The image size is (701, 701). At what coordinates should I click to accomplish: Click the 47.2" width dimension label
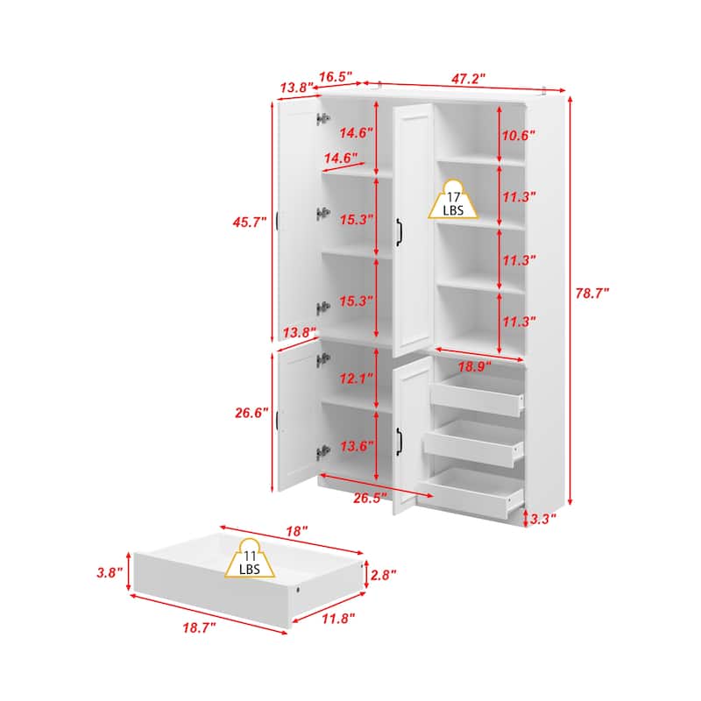(x=468, y=79)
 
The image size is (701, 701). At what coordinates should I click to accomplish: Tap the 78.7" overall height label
(x=592, y=294)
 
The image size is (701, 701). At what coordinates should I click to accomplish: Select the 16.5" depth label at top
(x=336, y=76)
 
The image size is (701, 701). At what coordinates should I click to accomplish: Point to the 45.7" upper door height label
(x=250, y=222)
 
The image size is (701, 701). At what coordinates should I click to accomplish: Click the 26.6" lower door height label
(x=251, y=412)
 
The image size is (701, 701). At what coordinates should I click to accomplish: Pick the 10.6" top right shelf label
(x=518, y=135)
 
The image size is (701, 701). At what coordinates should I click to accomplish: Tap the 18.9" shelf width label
(x=474, y=366)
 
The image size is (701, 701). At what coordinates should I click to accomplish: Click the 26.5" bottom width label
(x=370, y=498)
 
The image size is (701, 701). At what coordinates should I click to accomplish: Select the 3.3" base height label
(x=542, y=519)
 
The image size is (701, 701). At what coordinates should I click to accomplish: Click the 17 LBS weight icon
(x=453, y=200)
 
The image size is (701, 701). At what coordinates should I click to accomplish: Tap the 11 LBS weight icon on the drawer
(x=250, y=558)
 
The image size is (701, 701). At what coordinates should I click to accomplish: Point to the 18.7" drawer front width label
(x=199, y=627)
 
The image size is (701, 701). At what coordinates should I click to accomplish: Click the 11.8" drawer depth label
(x=338, y=619)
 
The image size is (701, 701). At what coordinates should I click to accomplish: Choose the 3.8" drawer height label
(x=110, y=572)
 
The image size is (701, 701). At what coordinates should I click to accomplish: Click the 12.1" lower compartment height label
(x=357, y=379)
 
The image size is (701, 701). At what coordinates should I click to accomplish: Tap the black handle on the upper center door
(x=399, y=232)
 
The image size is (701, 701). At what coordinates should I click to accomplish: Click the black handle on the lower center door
(x=399, y=442)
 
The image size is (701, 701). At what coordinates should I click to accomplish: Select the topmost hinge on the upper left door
(x=322, y=119)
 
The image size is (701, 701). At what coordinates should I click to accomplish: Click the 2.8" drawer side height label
(x=383, y=575)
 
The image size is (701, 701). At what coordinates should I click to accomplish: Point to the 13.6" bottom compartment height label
(x=357, y=446)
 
